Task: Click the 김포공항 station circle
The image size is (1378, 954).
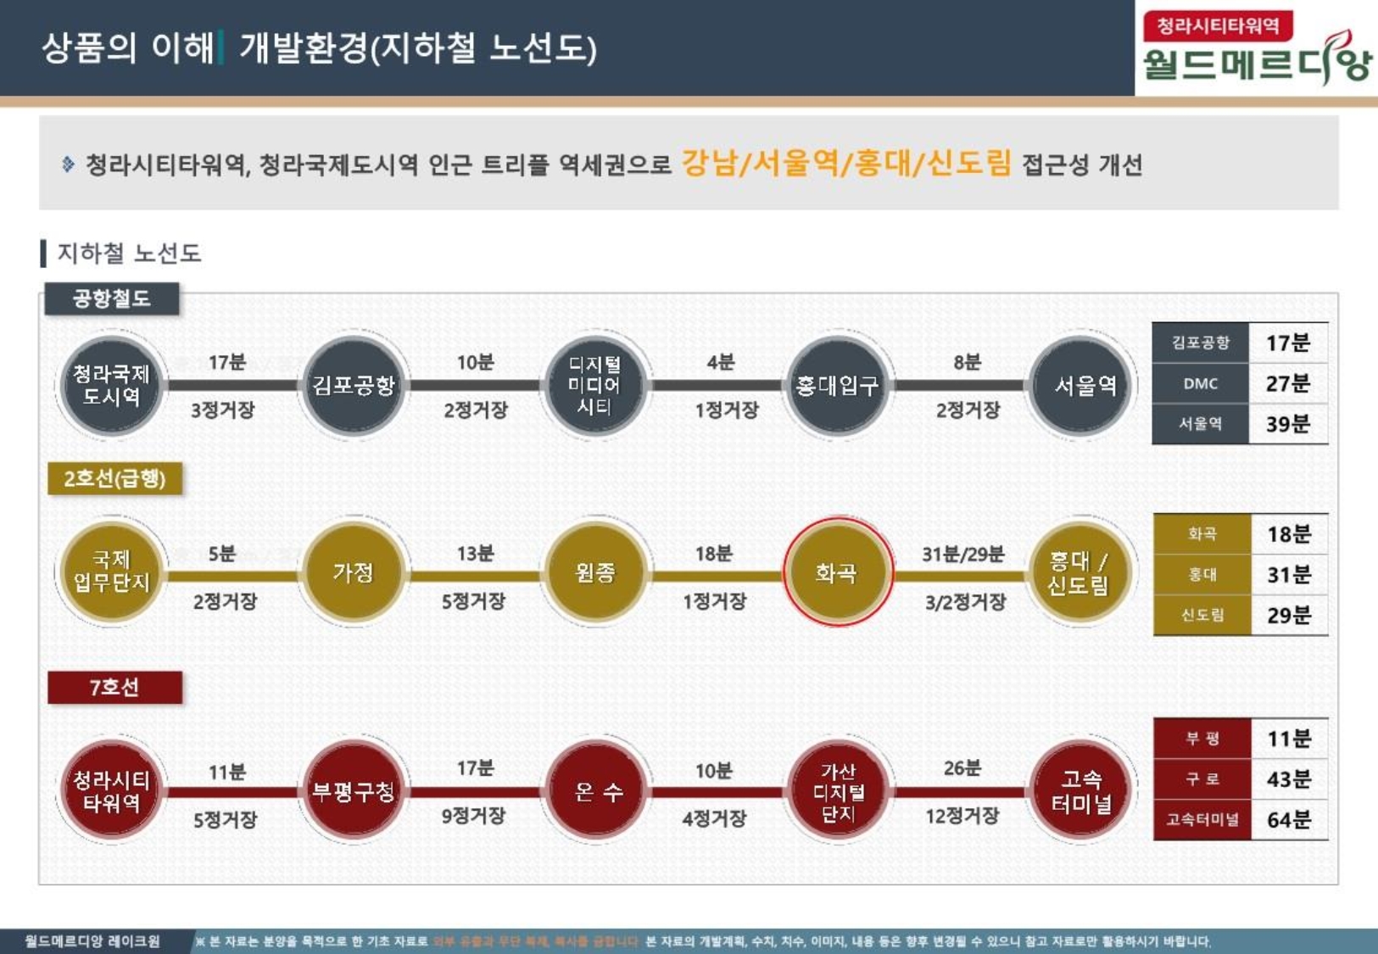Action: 354,386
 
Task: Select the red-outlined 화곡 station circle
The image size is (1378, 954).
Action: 837,573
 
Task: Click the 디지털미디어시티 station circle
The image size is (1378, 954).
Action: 594,386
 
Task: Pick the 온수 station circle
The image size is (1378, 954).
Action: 597,791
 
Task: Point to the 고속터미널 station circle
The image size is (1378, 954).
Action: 1081,791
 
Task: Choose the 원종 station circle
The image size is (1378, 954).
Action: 594,573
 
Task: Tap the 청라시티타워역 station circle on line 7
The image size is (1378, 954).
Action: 111,791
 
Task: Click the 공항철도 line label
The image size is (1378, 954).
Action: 112,298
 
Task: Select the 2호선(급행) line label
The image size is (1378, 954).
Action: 114,479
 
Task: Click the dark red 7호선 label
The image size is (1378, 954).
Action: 114,687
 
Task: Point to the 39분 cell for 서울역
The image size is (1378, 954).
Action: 1287,424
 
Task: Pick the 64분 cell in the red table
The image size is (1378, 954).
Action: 1288,820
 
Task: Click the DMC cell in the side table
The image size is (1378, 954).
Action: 1200,383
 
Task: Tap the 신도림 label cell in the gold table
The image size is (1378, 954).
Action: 1202,615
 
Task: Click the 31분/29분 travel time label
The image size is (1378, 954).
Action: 962,555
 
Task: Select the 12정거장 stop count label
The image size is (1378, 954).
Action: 962,816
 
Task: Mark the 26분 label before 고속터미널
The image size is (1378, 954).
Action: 962,768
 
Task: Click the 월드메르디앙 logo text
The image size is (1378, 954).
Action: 1256,64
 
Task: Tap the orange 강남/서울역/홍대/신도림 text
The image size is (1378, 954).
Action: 846,162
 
